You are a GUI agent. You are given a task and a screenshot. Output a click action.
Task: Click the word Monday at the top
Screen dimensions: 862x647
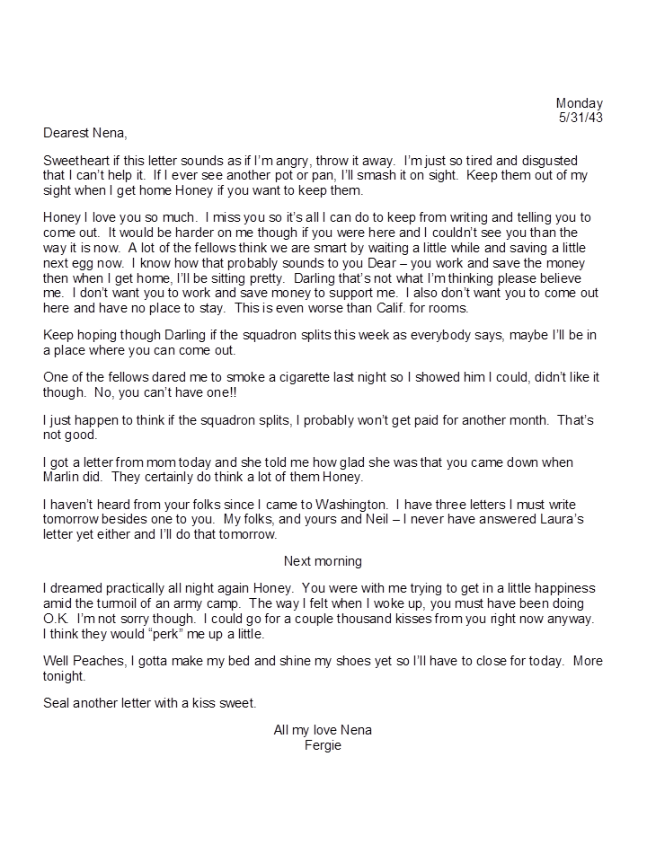click(579, 103)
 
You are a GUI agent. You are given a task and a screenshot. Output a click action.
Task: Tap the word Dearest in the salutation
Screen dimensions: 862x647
click(66, 134)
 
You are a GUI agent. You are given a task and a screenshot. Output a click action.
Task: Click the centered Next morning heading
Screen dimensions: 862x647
click(323, 561)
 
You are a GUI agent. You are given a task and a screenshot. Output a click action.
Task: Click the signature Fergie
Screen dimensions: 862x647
click(323, 745)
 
